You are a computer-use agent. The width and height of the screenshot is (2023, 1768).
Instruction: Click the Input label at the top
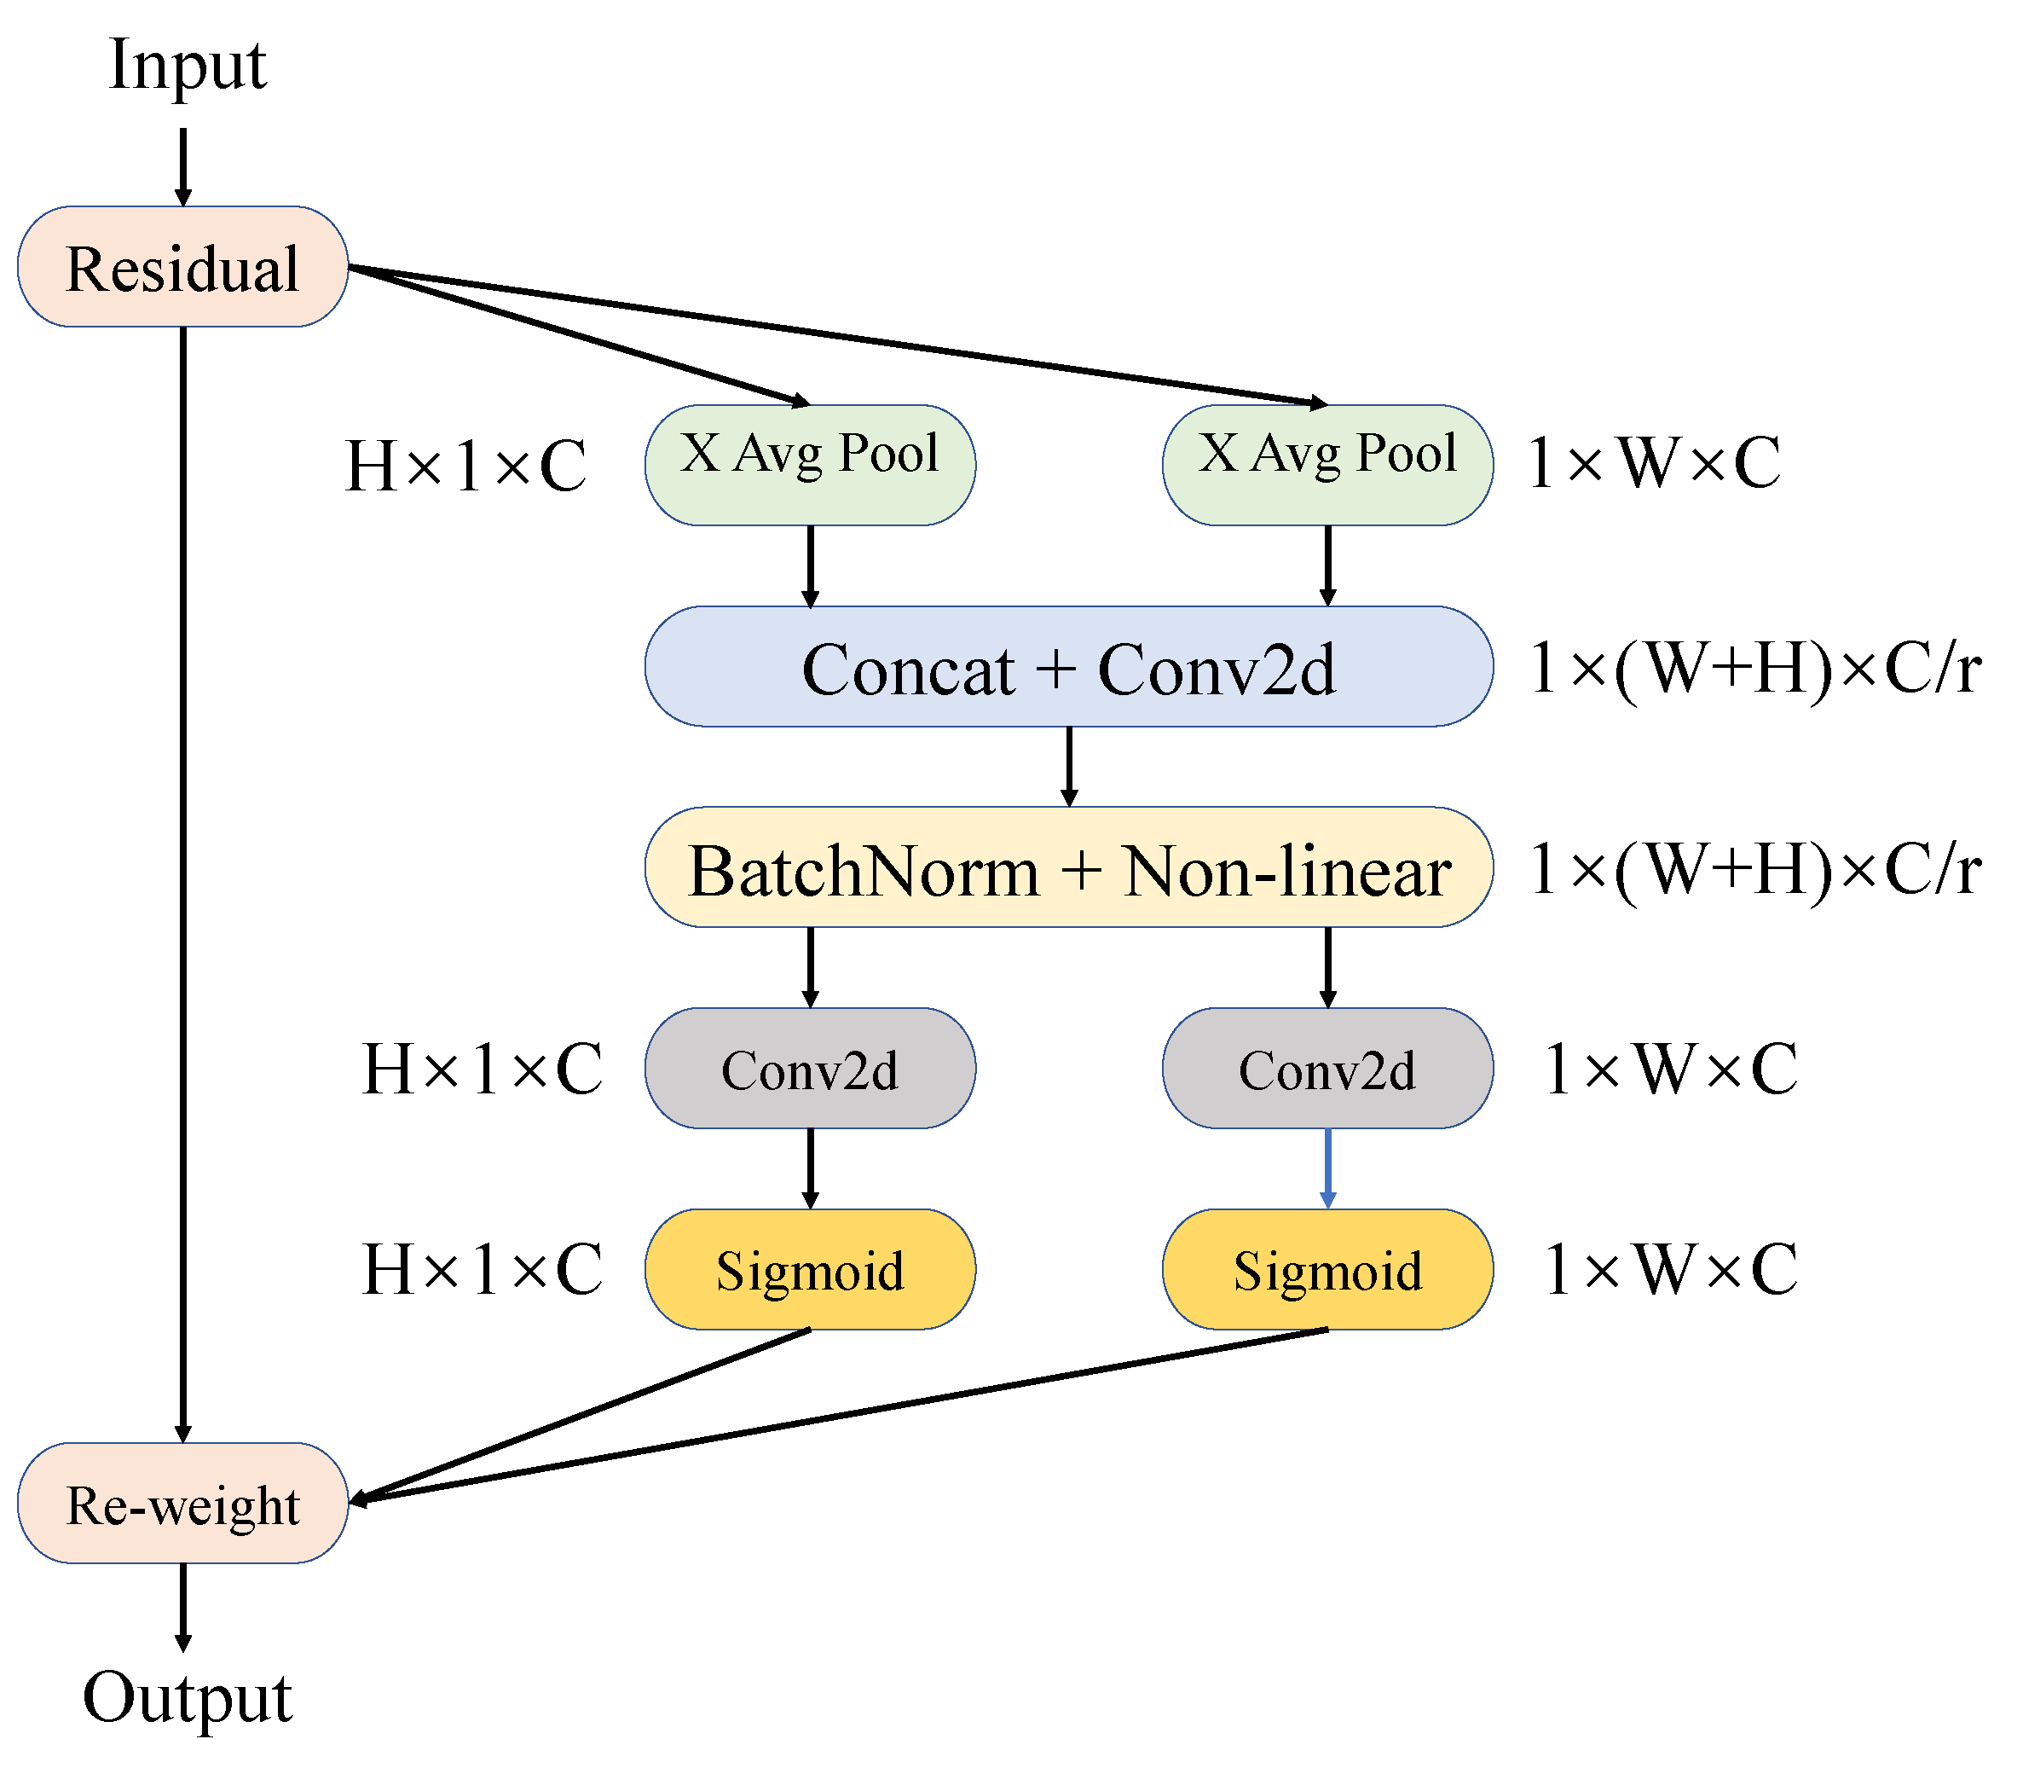pyautogui.click(x=187, y=65)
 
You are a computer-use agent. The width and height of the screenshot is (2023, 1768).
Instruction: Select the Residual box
pyautogui.click(x=182, y=266)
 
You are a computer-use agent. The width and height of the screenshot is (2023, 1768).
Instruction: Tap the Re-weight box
pyautogui.click(x=182, y=1504)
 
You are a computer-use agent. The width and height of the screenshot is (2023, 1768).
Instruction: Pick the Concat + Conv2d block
pyautogui.click(x=1068, y=667)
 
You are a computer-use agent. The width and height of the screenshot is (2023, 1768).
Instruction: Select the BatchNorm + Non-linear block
pyautogui.click(x=1068, y=868)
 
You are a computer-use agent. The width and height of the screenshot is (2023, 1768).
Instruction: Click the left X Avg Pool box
pyautogui.click(x=810, y=465)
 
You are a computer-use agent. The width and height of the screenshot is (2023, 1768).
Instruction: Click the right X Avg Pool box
pyautogui.click(x=1327, y=465)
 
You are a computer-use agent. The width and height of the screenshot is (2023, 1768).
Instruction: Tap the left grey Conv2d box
pyautogui.click(x=810, y=1069)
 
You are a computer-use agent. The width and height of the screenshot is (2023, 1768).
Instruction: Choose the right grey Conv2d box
pyautogui.click(x=1327, y=1069)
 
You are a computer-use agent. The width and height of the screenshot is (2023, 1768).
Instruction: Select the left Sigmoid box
pyautogui.click(x=810, y=1270)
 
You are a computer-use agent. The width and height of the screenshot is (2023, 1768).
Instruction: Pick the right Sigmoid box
pyautogui.click(x=1327, y=1270)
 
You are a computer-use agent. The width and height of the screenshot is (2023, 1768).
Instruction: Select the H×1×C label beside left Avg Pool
pyautogui.click(x=465, y=465)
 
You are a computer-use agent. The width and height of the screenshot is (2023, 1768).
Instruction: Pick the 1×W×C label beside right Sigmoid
pyautogui.click(x=1670, y=1269)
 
